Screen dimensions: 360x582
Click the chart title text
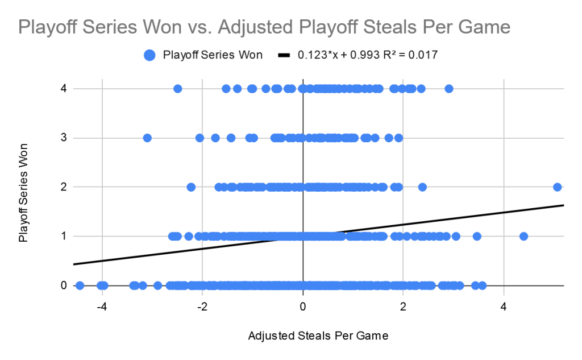(x=264, y=27)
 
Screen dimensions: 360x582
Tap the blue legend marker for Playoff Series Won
(x=149, y=55)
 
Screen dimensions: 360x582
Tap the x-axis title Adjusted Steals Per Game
(x=318, y=336)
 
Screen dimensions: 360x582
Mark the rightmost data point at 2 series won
(x=558, y=187)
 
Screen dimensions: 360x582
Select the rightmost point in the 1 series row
(x=523, y=236)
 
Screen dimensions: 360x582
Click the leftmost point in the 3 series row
(x=147, y=138)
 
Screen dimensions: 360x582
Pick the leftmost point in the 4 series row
(x=177, y=89)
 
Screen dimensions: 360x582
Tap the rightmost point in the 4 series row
(x=449, y=89)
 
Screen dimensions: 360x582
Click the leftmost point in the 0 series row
(x=80, y=285)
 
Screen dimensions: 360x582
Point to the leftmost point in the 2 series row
(x=191, y=187)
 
